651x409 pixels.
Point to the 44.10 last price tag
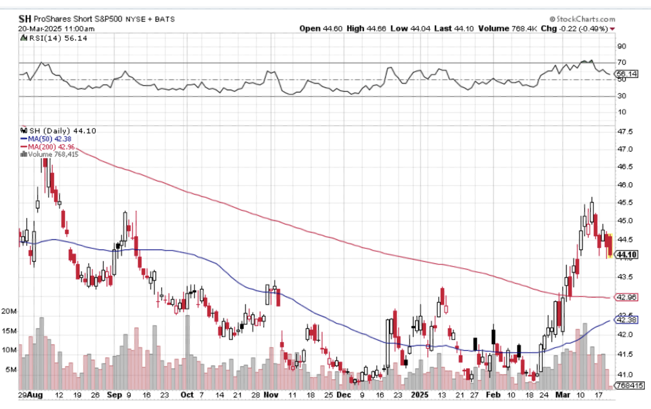[625, 255]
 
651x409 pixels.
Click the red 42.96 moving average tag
[625, 297]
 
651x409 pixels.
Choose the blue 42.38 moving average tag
[625, 320]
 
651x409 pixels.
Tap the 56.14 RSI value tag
[625, 74]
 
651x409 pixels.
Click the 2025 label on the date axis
[420, 395]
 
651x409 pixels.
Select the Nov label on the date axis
[271, 395]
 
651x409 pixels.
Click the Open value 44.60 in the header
[333, 28]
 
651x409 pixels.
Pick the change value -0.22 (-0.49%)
[585, 28]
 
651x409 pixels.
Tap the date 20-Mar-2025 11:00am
[56, 28]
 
